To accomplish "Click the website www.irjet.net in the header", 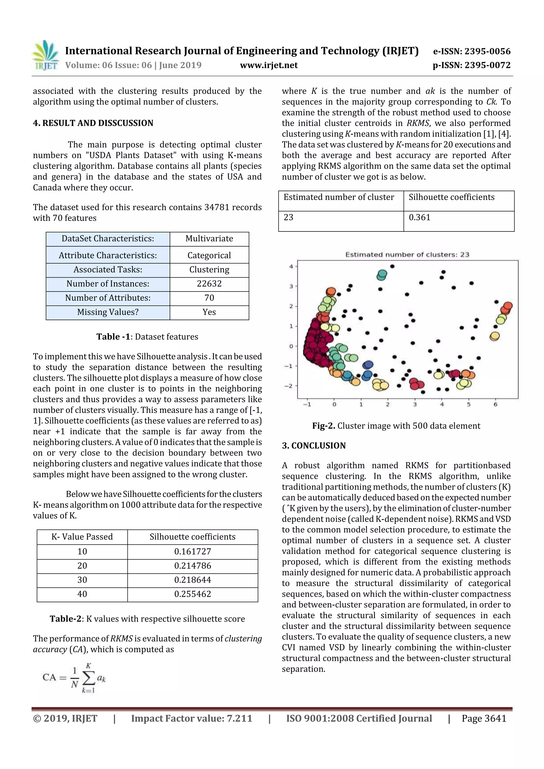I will [269, 65].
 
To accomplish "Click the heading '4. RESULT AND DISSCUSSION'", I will [93, 123].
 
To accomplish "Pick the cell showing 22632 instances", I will [209, 284].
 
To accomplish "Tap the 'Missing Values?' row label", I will [108, 312].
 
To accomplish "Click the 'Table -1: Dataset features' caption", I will [147, 337].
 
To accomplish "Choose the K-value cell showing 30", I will [82, 580].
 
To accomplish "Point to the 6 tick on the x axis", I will [495, 405].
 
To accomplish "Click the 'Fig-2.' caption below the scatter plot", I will [396, 426].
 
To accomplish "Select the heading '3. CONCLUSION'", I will [313, 445].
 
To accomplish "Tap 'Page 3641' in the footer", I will [484, 718].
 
